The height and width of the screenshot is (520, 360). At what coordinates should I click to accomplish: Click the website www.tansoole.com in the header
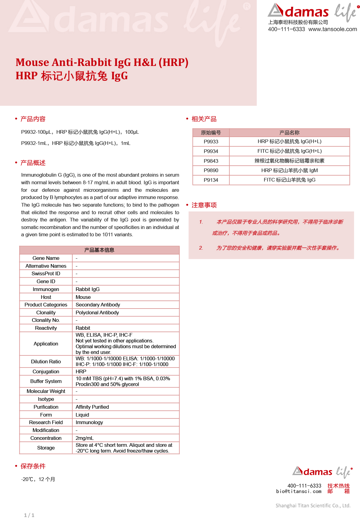[x=332, y=29]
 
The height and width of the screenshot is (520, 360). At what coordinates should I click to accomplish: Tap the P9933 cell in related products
[x=211, y=142]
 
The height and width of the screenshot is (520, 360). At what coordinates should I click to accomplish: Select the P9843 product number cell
[x=211, y=161]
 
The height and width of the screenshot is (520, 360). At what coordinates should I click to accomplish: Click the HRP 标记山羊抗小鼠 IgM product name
[x=289, y=171]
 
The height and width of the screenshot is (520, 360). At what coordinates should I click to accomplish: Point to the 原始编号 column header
[x=211, y=133]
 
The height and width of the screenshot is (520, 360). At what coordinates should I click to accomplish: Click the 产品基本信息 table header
[x=99, y=250]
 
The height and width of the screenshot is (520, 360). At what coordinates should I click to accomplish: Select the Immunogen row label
[x=46, y=289]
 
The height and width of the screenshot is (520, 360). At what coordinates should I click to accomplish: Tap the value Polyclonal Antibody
[x=97, y=312]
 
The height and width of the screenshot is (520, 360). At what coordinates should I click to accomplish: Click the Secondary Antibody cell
[x=98, y=305]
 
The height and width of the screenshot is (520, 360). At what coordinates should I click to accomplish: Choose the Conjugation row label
[x=46, y=371]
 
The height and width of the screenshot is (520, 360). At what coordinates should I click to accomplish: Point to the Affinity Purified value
[x=92, y=407]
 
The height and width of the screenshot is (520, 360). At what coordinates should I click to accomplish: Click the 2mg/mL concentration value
[x=85, y=438]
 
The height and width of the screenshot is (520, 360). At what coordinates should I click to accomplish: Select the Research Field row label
[x=46, y=423]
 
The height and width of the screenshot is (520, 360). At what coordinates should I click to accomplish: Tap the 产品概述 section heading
[x=33, y=163]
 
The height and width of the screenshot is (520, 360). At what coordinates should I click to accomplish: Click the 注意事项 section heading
[x=204, y=205]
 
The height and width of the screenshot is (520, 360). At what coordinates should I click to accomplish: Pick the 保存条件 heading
[x=33, y=466]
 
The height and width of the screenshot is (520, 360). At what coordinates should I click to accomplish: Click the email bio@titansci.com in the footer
[x=299, y=492]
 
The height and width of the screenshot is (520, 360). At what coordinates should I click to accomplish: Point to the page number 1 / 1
[x=29, y=515]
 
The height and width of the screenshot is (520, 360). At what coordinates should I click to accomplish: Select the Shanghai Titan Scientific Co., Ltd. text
[x=313, y=505]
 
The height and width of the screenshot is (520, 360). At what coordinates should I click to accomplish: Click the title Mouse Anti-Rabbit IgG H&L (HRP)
[x=102, y=62]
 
